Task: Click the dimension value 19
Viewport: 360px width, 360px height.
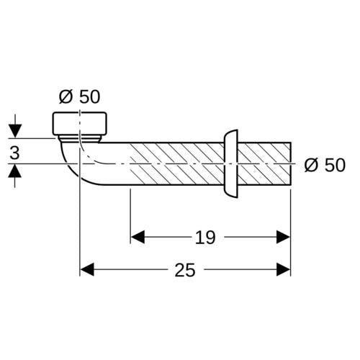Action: (205, 238)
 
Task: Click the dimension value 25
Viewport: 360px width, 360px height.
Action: (185, 270)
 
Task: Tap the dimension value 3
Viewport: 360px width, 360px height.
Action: (14, 153)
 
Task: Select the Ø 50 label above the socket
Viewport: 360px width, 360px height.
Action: (79, 97)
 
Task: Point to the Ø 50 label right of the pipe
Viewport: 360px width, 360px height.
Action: (325, 165)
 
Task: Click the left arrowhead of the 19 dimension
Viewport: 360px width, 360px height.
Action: (138, 237)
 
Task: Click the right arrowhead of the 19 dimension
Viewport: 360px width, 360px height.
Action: (283, 237)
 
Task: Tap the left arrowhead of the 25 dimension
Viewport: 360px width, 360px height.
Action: (87, 269)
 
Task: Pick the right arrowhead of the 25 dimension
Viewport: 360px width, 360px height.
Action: (283, 269)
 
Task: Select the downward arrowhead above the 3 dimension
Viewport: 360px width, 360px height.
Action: (15, 131)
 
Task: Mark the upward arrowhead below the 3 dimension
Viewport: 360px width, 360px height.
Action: (15, 171)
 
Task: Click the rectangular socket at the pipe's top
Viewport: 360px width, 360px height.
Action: (80, 123)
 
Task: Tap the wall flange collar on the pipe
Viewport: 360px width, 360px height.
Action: (231, 163)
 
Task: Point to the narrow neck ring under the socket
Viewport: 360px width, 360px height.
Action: (79, 139)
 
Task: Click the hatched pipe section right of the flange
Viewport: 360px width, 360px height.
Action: (264, 163)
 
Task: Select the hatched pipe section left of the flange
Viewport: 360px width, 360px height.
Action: (177, 163)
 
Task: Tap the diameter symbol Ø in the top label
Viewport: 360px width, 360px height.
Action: (66, 97)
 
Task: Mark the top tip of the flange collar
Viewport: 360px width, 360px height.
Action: (238, 130)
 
